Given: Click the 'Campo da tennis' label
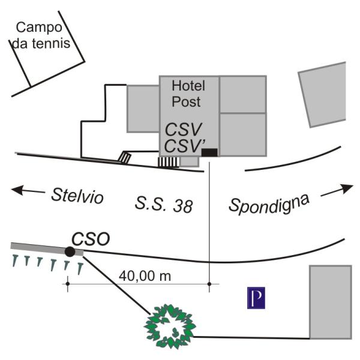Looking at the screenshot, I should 42,35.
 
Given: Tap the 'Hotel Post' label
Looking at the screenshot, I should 186,94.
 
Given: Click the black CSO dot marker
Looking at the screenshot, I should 70,251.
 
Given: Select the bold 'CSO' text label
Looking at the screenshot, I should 90,238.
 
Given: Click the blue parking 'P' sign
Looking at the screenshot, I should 256,298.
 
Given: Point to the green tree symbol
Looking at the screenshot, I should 171,326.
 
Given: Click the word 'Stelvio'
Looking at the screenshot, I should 78,196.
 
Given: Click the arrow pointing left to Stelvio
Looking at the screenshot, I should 27,191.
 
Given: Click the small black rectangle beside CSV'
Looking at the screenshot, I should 209,152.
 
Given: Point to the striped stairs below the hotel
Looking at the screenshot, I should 168,161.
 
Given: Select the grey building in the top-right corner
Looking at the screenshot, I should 324,95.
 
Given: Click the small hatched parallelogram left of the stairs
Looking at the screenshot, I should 124,157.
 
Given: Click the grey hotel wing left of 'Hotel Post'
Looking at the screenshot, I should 143,108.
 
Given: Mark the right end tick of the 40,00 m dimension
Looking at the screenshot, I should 209,283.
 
